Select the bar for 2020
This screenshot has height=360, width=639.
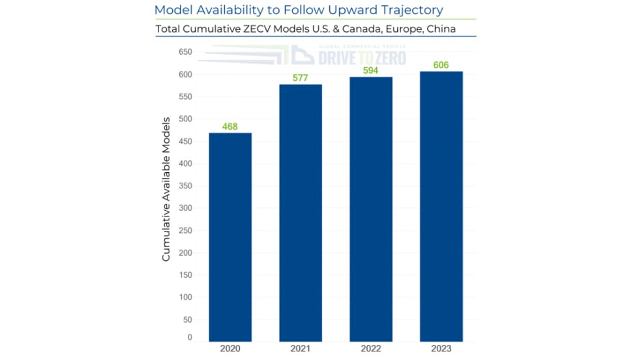[x=230, y=237]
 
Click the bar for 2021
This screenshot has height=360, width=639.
[x=301, y=213]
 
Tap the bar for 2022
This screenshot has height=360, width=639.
[x=371, y=209]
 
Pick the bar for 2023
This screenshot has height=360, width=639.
[x=441, y=206]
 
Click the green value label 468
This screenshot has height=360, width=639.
[x=230, y=126]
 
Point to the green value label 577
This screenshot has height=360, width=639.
[x=301, y=78]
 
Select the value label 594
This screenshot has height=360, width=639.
[x=371, y=70]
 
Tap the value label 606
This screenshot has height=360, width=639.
[x=441, y=65]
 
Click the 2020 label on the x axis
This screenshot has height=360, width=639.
[x=230, y=350]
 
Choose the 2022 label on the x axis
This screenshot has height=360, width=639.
[x=371, y=350]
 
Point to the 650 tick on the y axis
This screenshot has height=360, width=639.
[x=185, y=52]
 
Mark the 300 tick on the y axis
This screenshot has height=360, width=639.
[x=185, y=208]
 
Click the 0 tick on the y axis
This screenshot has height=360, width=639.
[x=190, y=338]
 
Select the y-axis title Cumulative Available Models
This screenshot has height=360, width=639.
[x=166, y=189]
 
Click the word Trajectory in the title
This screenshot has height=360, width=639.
[x=410, y=10]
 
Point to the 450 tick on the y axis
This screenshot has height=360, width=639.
[x=185, y=142]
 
